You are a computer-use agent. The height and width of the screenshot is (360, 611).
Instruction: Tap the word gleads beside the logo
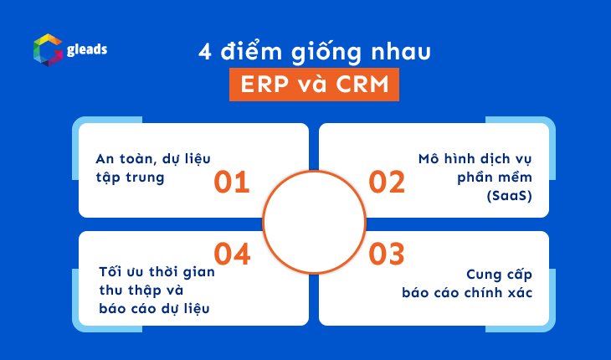pyautogui.click(x=87, y=49)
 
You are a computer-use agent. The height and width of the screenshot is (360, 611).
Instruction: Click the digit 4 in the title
pyautogui.click(x=204, y=52)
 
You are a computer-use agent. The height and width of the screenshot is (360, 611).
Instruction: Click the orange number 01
pyautogui.click(x=232, y=182)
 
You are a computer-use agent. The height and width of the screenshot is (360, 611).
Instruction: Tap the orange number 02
pyautogui.click(x=387, y=182)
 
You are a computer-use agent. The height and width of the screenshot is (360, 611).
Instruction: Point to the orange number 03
pyautogui.click(x=387, y=252)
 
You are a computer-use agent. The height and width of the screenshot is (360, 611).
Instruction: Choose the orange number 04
pyautogui.click(x=232, y=252)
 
